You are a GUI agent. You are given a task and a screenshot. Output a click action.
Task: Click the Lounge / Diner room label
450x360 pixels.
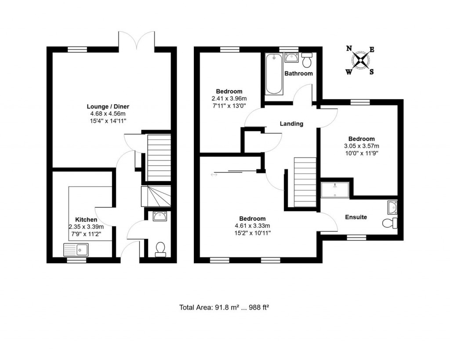pos(108,106)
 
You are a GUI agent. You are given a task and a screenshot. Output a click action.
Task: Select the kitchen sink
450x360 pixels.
pos(77,250)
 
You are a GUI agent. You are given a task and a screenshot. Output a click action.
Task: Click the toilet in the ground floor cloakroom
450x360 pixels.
pos(160,249)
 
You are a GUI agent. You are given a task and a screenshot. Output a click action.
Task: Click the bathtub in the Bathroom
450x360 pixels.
pos(273,74)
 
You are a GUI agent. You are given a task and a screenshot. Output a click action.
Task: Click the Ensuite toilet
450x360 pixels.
pos(389,223)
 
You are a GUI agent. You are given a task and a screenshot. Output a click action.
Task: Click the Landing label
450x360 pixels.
pos(292,124)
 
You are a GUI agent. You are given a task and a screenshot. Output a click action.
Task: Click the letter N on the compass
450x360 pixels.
pos(349,49)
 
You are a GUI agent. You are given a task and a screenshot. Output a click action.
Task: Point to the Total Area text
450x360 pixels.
pos(224,307)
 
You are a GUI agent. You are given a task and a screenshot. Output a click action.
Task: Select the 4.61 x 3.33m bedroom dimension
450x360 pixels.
pos(252,226)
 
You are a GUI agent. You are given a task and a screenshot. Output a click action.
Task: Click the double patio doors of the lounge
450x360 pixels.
pos(137,40)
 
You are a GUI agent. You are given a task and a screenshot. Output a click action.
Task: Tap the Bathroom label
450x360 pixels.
pos(299,73)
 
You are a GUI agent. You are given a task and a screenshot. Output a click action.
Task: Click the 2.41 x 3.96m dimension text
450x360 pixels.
pos(229,98)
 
